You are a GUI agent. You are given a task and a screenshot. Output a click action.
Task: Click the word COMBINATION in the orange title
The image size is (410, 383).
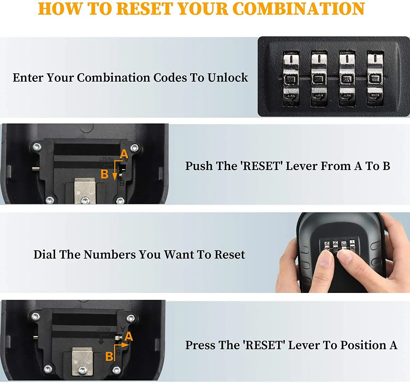pos(300,9)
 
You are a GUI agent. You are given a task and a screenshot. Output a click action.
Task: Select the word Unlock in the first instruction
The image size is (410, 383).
pos(228,77)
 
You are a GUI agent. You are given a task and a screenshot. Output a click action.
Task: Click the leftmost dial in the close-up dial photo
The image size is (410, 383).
pos(291,79)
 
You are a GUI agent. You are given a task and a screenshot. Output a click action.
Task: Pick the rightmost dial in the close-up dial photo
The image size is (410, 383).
pos(375,79)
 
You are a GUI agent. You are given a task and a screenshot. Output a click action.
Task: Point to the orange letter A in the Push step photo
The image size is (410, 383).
pos(124,154)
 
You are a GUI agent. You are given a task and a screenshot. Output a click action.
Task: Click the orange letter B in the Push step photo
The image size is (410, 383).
pos(104,174)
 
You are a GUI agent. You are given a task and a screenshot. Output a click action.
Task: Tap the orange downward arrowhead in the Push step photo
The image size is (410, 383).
pos(115,177)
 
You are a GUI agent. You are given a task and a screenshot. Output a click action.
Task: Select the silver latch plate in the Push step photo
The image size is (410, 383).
pos(85,191)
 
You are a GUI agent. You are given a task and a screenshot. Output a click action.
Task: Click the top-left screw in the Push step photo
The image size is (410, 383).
pos(37,147)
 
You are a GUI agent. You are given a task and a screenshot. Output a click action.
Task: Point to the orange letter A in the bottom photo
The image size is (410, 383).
pos(128,336)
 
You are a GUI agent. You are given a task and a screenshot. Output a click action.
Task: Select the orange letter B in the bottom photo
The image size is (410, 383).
pos(109,356)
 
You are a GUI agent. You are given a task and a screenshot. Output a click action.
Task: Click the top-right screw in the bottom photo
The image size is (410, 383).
pos(131,318)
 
